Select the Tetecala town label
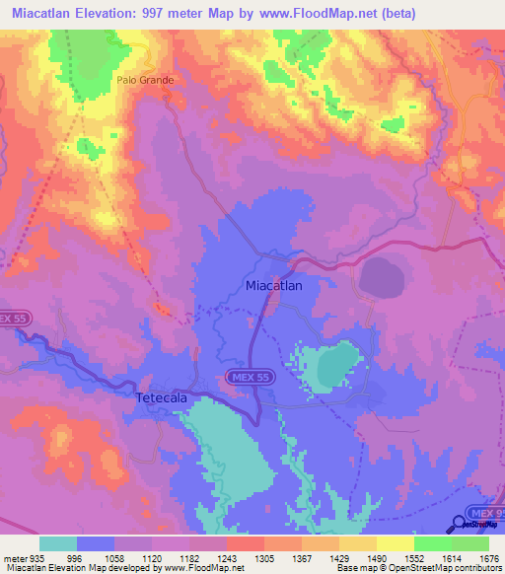(159, 396)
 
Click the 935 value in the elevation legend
(30, 558)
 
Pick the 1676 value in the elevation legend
(488, 558)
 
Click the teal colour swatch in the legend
(58, 543)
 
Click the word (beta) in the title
(393, 13)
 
